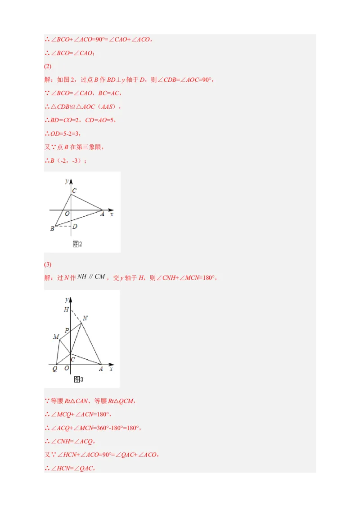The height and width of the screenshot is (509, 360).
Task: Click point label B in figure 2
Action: coord(52,229)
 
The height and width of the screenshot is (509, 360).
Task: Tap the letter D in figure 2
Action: coord(75,226)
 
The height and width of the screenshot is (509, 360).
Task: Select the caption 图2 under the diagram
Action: coord(77,244)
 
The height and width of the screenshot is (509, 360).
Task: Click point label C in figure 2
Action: coord(74,191)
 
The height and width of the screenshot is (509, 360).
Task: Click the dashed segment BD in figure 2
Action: coord(63,226)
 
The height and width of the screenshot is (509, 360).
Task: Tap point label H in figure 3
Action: coord(66,309)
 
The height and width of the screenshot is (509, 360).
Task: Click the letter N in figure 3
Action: coord(85,318)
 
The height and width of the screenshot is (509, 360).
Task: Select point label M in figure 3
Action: coord(56,337)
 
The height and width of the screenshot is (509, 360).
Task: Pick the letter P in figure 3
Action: coord(67,330)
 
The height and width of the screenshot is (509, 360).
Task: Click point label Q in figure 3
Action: coord(54,369)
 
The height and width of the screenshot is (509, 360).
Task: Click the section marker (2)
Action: coord(48,67)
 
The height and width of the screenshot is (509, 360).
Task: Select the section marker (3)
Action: coord(48,264)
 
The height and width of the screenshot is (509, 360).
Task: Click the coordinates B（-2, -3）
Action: coord(66,161)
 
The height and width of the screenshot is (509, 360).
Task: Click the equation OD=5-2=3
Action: coord(63,134)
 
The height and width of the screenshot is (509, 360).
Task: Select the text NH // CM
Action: coord(91,277)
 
